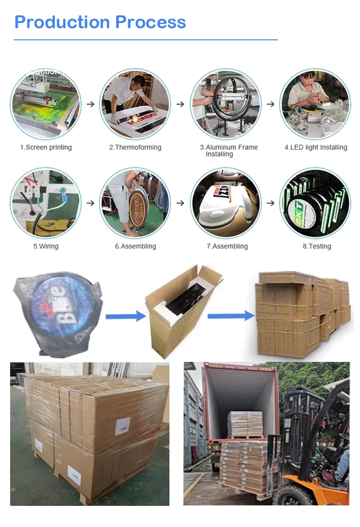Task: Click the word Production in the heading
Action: [62, 22]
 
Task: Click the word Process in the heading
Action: [151, 22]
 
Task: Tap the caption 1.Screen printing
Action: [46, 147]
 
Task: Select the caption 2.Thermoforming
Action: [135, 147]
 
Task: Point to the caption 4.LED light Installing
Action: [315, 147]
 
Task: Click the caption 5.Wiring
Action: [46, 246]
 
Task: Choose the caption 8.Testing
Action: [316, 246]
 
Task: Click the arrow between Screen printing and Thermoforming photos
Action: [90, 104]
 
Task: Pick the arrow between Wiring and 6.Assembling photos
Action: [90, 203]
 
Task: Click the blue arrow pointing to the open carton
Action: [125, 316]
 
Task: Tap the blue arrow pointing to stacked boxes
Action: [230, 315]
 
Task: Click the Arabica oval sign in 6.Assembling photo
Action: [138, 207]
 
